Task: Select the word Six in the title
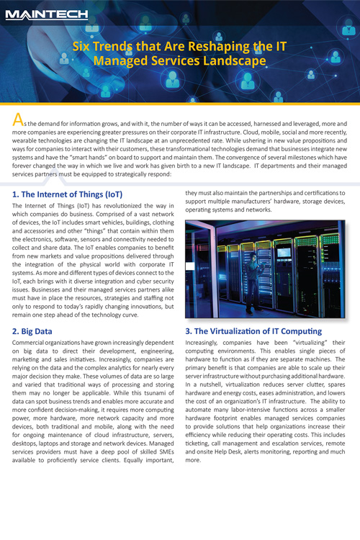pos(85,48)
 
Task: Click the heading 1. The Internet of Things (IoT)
pos(68,194)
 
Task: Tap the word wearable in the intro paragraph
pos(27,143)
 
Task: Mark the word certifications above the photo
pos(309,193)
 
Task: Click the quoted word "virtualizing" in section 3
pos(299,344)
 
